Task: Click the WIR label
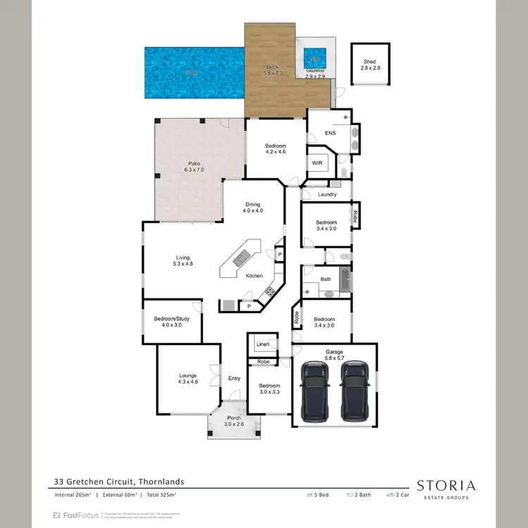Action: pyautogui.click(x=317, y=162)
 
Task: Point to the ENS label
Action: pyautogui.click(x=330, y=132)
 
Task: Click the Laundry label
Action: pyautogui.click(x=327, y=194)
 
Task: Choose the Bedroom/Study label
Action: pyautogui.click(x=172, y=322)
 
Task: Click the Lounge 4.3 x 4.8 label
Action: pyautogui.click(x=187, y=379)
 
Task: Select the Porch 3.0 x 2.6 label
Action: pyautogui.click(x=233, y=421)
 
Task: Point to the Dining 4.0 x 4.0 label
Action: pyautogui.click(x=252, y=207)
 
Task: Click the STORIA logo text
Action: pyautogui.click(x=446, y=485)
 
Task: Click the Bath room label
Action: pyautogui.click(x=325, y=279)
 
